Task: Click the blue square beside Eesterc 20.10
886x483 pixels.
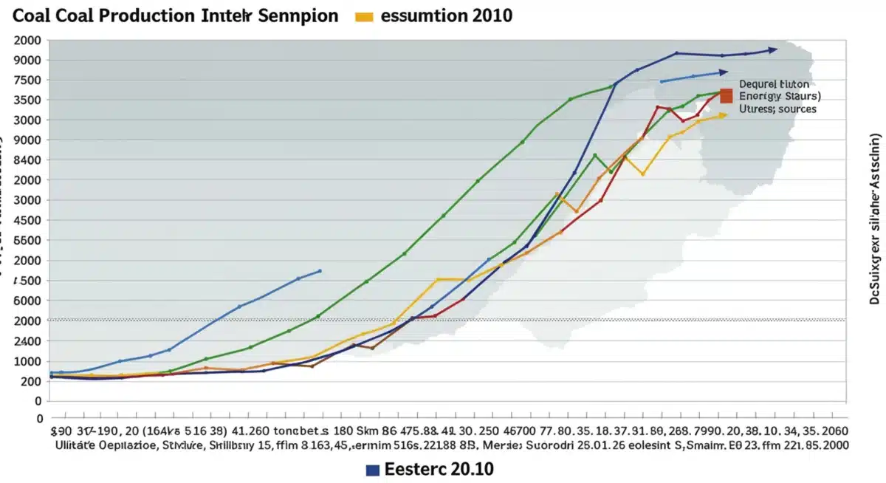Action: pos(374,469)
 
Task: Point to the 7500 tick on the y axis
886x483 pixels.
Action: pos(27,80)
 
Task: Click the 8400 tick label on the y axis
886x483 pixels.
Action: pos(27,160)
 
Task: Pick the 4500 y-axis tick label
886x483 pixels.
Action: pos(27,220)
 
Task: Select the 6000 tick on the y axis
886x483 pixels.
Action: pos(27,301)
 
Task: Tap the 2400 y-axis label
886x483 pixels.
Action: pos(27,341)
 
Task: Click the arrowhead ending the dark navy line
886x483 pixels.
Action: pos(772,50)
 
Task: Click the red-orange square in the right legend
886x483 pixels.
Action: pos(726,95)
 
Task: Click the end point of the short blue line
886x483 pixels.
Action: pos(320,270)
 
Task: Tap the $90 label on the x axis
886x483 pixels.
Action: pos(61,430)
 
